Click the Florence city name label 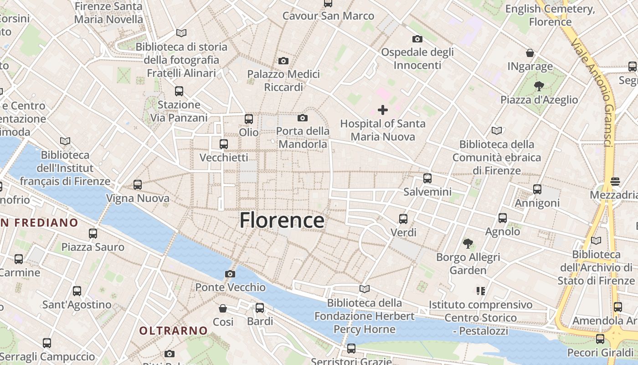pos(282,220)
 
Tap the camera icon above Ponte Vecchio pos(230,274)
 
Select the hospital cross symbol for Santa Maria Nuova pos(383,109)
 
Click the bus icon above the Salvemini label pos(427,178)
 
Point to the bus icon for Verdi pos(403,219)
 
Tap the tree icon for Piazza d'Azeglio pos(539,86)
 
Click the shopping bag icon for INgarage pos(530,53)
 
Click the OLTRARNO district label pos(173,330)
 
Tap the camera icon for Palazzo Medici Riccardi pos(283,61)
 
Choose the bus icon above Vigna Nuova pos(138,185)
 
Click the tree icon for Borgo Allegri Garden pos(468,243)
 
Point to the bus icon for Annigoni pos(537,189)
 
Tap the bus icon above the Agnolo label pos(503,218)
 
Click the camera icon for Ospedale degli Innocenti pos(417,39)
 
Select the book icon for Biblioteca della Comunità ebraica pos(496,131)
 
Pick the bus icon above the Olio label pos(248,119)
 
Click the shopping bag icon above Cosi pos(223,308)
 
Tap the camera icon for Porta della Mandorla pos(302,118)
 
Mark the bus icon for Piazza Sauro pos(93,234)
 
